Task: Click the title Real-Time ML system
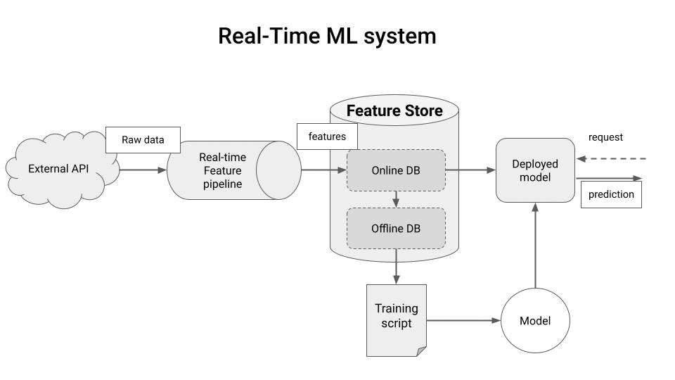pyautogui.click(x=326, y=36)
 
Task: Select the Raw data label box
pyautogui.click(x=143, y=139)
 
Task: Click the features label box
pyautogui.click(x=327, y=137)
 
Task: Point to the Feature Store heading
pyautogui.click(x=394, y=111)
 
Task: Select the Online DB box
pyautogui.click(x=396, y=170)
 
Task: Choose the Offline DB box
pyautogui.click(x=396, y=228)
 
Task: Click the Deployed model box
pyautogui.click(x=535, y=170)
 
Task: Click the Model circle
pyautogui.click(x=535, y=321)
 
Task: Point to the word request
pyautogui.click(x=605, y=137)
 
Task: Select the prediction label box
pyautogui.click(x=611, y=194)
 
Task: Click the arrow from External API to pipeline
pyautogui.click(x=143, y=170)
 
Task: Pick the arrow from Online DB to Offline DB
pyautogui.click(x=396, y=199)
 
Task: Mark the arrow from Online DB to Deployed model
pyautogui.click(x=470, y=170)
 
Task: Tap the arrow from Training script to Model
pyautogui.click(x=463, y=321)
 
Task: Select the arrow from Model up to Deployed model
pyautogui.click(x=535, y=246)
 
